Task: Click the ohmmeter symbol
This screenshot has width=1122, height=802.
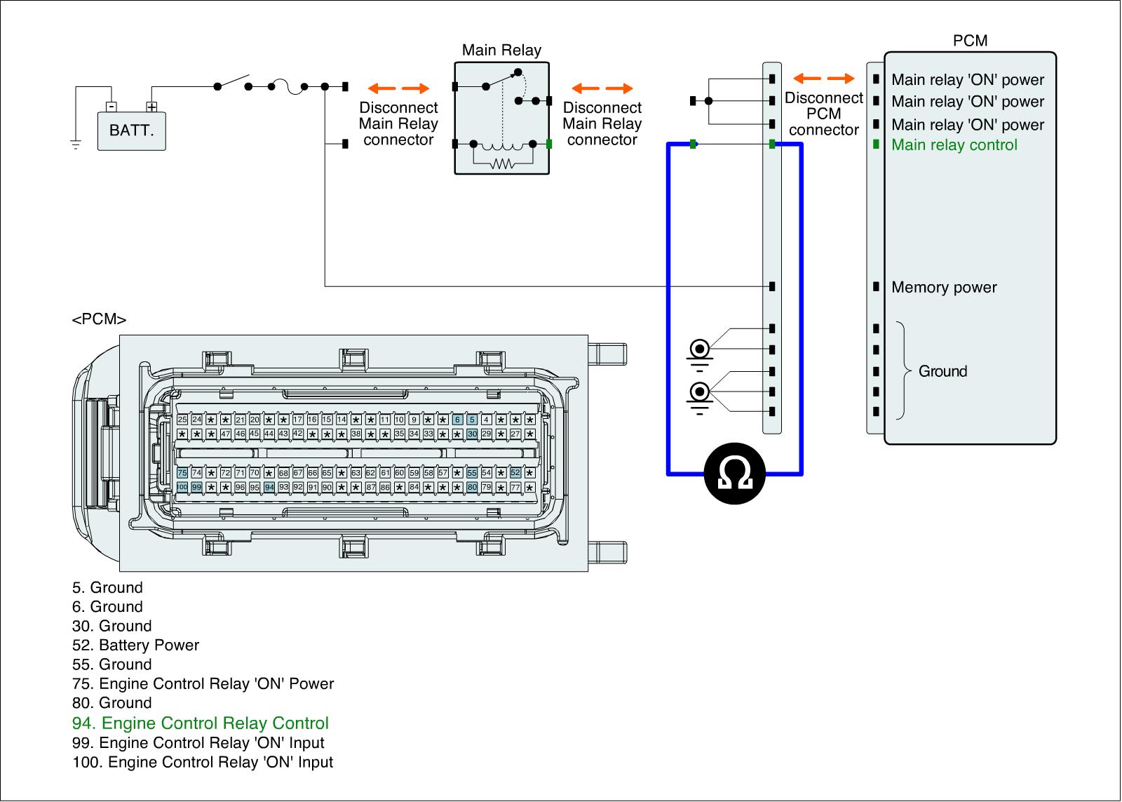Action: coord(735,474)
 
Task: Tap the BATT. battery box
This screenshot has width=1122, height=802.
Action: coord(132,131)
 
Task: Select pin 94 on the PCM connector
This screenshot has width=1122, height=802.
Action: coord(269,487)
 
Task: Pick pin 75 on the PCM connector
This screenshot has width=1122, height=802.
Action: coord(182,473)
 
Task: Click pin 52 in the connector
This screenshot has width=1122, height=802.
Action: coord(515,473)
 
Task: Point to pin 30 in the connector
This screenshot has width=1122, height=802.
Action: coord(472,434)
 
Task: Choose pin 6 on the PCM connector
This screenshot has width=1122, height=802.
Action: coord(457,420)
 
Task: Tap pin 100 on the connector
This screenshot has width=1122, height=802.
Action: coord(182,487)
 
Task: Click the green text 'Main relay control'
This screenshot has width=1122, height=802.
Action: coord(954,145)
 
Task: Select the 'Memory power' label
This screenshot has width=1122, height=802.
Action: coord(943,288)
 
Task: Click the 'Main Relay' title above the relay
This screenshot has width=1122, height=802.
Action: coord(501,51)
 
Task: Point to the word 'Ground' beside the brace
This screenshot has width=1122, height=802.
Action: coord(942,371)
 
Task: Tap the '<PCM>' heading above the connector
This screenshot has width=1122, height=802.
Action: coord(99,320)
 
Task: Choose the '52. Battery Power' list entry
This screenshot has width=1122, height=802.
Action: coord(135,646)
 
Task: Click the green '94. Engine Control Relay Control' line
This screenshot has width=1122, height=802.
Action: coord(201,723)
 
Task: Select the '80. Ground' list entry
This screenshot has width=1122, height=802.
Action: coord(111,703)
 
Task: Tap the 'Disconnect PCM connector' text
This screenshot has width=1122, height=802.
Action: coord(823,114)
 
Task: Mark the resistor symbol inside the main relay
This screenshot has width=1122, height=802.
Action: coord(502,164)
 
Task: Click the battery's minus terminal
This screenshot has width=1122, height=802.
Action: coord(111,107)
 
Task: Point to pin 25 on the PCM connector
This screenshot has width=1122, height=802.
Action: coord(182,420)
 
